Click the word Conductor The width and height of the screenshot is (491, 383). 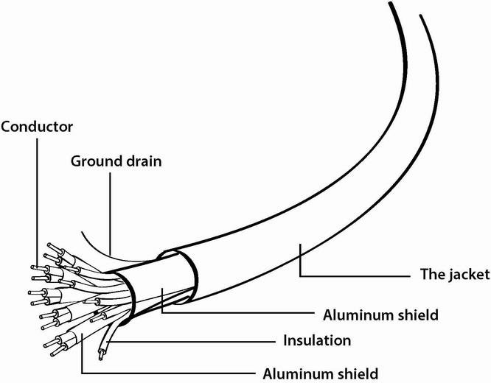pos(37,127)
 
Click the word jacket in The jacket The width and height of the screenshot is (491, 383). pos(470,275)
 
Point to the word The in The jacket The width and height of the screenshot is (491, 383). pos(433,274)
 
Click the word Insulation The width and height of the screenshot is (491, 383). pos(317,340)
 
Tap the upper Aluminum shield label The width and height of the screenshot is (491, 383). pos(380,315)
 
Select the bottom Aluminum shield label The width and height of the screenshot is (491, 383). pos(321,373)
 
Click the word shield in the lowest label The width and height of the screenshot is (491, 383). pos(358,373)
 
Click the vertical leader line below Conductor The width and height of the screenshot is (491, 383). pos(38,203)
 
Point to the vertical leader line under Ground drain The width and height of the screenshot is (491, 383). pos(111,214)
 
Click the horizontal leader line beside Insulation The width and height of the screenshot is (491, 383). pos(191,342)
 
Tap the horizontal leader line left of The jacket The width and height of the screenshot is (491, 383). pos(355,276)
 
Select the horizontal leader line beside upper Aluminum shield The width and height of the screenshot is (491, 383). pos(238,312)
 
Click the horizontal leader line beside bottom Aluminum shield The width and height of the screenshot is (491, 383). pos(169,373)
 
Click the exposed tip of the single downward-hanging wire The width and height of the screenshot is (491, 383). pos(100,356)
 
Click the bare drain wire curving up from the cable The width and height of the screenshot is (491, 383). pos(103,253)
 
